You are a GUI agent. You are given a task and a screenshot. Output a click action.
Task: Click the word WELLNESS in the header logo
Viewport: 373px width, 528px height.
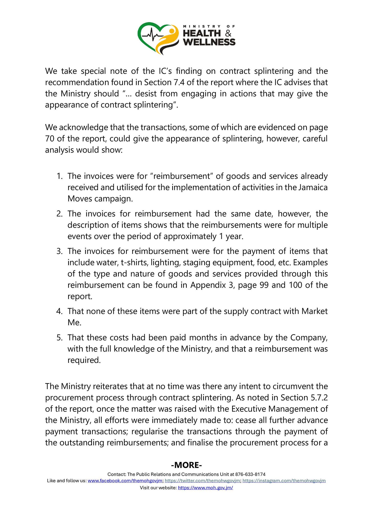point(209,42)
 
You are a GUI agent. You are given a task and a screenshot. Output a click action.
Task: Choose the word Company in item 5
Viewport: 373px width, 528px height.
point(308,338)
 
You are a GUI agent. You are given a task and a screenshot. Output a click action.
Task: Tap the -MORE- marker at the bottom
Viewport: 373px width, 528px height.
point(186,465)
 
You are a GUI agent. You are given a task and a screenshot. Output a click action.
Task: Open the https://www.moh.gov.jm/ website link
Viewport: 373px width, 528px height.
point(205,487)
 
